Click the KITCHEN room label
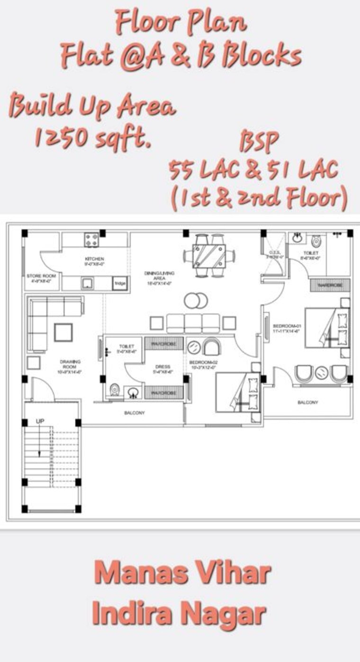[94, 259]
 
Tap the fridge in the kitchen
[118, 284]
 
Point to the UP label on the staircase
[40, 421]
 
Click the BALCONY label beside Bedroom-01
[307, 403]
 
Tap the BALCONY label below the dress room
[135, 413]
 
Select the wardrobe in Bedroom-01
[330, 285]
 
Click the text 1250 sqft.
[92, 137]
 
